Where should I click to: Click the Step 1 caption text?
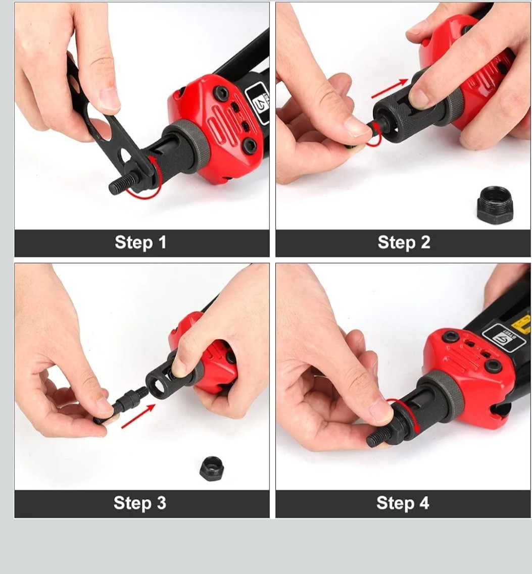140,243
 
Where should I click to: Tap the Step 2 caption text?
404,243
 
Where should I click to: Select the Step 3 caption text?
140,503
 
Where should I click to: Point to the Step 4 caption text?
403,503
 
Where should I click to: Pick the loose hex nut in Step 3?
211,469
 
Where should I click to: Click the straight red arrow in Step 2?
390,88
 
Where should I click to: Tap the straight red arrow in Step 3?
138,416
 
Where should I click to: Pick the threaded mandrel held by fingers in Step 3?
121,405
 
